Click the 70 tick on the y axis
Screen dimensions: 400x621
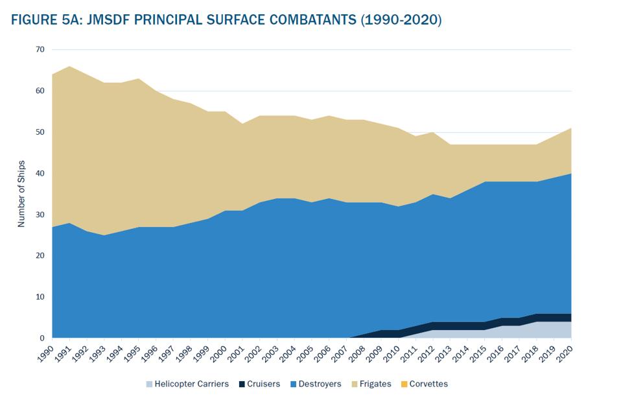40,49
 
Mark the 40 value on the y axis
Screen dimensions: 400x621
40,173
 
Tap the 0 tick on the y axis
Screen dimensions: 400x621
42,338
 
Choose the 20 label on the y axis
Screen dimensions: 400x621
40,255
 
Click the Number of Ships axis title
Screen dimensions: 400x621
21,193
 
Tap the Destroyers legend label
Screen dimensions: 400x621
318,384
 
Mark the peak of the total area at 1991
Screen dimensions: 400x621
70,66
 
